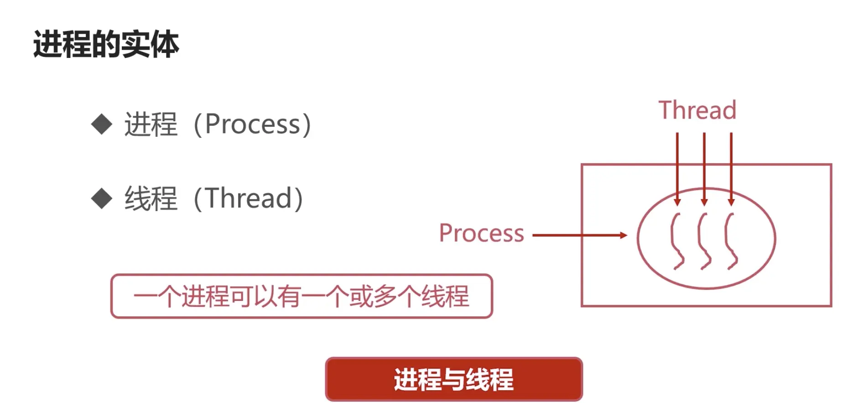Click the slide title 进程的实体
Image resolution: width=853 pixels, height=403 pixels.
(106, 45)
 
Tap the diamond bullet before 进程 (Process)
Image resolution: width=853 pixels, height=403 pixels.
(102, 124)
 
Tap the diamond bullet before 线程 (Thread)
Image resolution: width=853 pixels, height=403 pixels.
(102, 198)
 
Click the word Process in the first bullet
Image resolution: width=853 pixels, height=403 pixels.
(253, 124)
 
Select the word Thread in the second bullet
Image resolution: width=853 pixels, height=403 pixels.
(249, 198)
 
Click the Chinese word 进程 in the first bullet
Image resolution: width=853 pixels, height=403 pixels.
(151, 124)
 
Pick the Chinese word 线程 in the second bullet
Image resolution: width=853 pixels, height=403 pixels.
(151, 198)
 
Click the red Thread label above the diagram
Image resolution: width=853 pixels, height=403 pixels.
(697, 110)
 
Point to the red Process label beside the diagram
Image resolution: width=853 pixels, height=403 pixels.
(481, 233)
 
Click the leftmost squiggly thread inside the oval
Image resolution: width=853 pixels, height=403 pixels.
(676, 241)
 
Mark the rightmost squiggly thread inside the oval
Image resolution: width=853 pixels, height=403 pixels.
(731, 241)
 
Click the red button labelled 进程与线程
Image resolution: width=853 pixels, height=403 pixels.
(453, 379)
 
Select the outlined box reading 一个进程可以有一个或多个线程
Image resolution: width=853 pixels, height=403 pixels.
(302, 296)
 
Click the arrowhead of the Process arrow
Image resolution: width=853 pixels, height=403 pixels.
(624, 235)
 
